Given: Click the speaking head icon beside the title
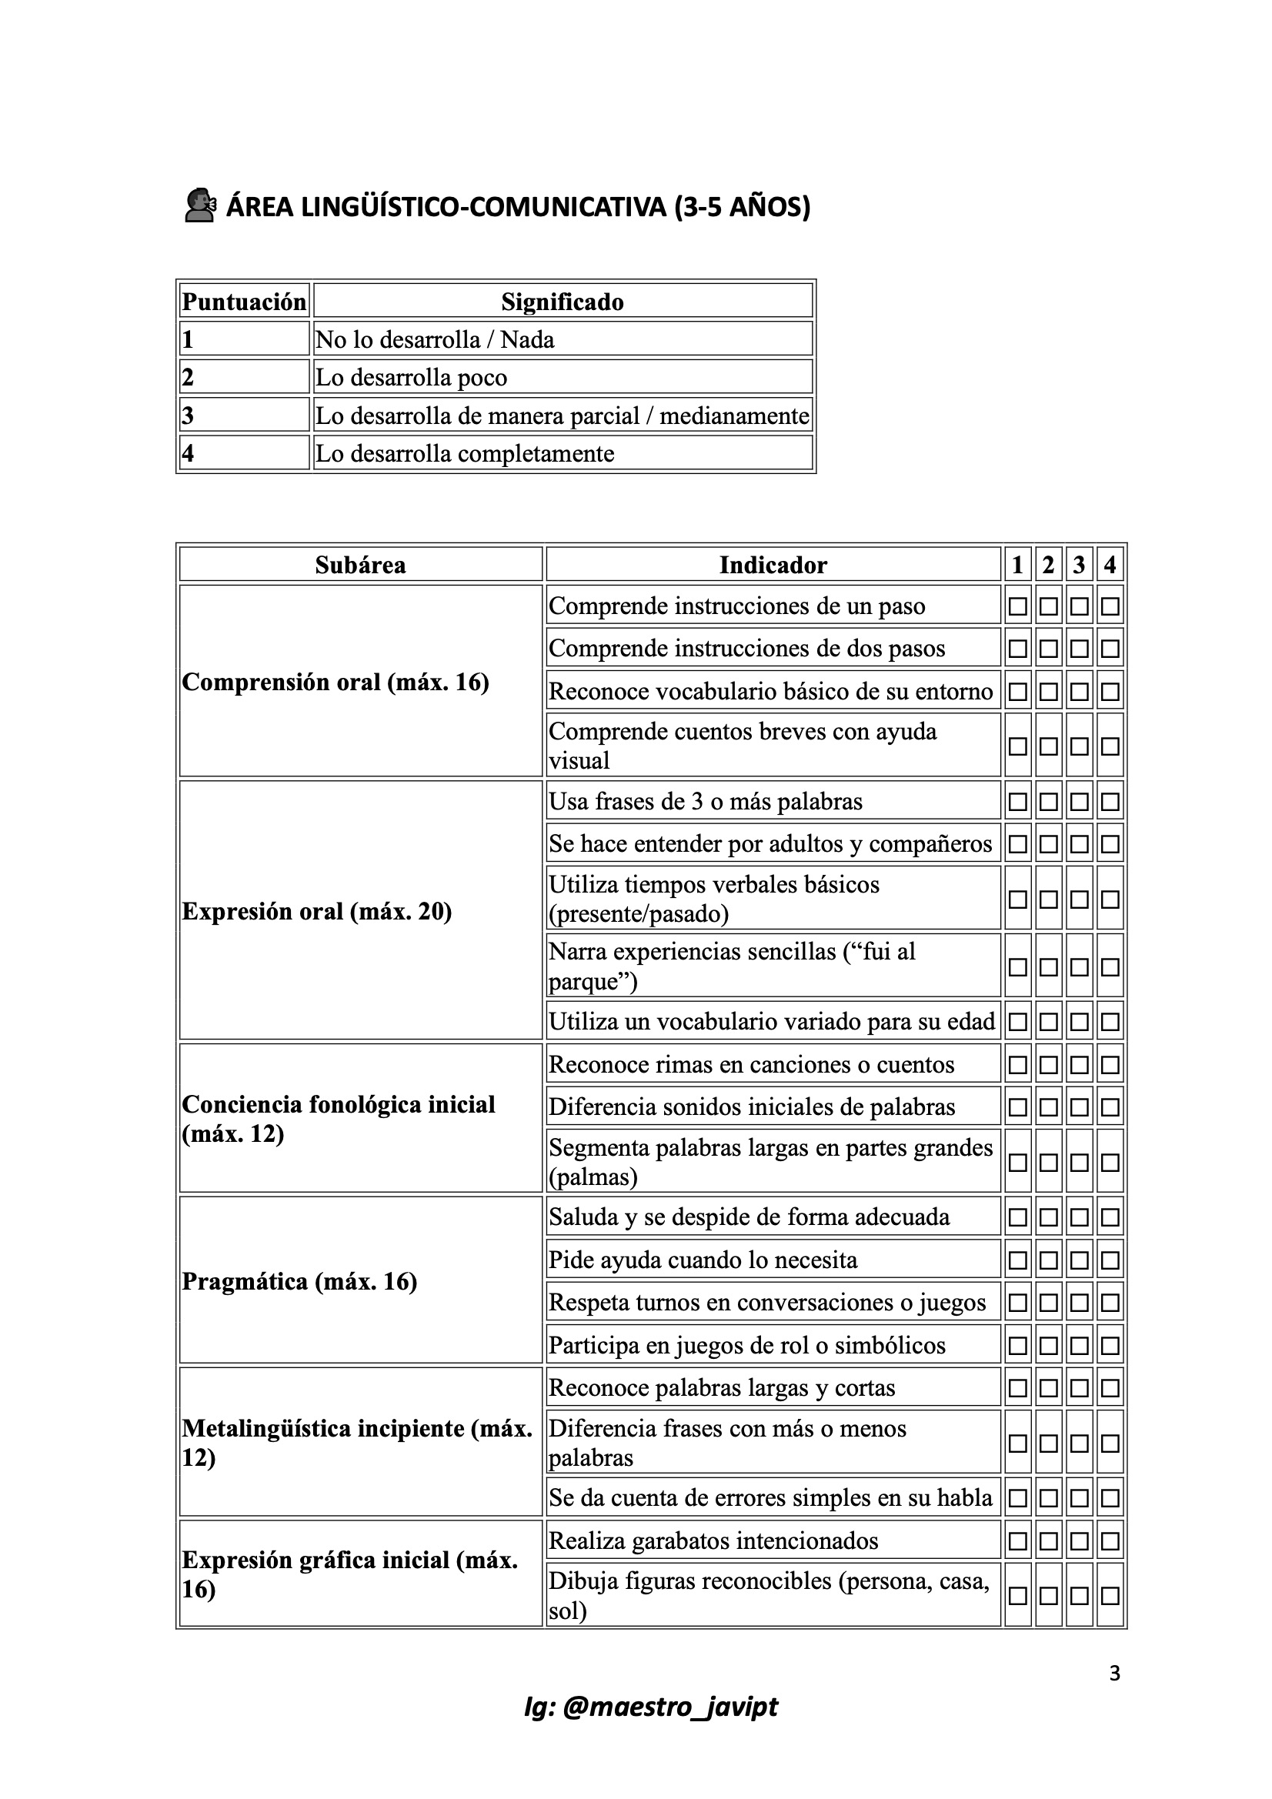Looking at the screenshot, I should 200,206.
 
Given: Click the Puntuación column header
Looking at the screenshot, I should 244,302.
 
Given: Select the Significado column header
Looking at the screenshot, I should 562,302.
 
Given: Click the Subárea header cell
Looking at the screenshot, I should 361,565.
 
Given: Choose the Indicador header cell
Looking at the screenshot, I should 773,565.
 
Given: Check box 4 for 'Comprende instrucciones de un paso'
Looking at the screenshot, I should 1110,606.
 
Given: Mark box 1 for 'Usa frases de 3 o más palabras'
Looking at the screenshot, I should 1017,802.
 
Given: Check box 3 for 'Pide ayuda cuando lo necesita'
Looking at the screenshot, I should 1079,1260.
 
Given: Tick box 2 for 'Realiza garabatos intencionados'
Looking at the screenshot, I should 1049,1541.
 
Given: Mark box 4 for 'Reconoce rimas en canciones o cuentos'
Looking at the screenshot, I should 1110,1065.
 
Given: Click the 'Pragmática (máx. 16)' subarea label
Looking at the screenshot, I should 299,1281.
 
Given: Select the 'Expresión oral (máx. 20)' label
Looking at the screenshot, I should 316,911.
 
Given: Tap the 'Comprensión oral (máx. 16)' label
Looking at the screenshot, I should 336,683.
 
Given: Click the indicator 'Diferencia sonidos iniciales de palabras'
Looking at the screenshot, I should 752,1107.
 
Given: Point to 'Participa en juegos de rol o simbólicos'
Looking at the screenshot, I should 747,1345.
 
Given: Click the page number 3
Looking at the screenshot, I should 1114,1674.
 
